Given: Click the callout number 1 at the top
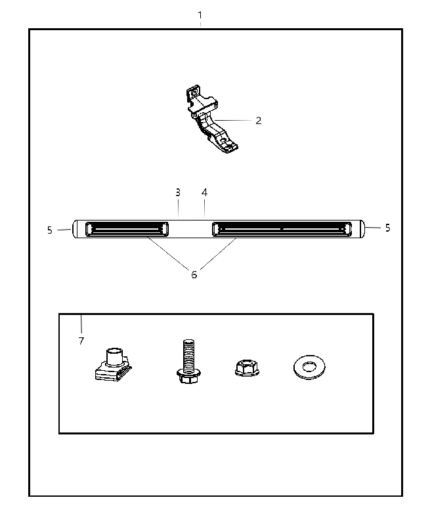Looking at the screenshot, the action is tap(200, 15).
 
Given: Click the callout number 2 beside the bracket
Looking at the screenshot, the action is tap(258, 121).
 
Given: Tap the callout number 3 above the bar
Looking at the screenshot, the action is tap(178, 192).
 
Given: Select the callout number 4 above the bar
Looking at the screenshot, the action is tap(204, 192).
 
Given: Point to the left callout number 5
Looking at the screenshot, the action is tap(49, 230).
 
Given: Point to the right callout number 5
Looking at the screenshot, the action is tap(387, 228).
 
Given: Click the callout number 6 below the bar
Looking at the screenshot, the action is tap(194, 275).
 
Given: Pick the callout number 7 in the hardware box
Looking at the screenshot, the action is tap(81, 341).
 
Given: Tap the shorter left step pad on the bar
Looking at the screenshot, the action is tap(127, 229).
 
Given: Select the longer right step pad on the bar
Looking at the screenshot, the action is tap(282, 229).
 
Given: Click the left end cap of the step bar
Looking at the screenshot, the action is tap(75, 229).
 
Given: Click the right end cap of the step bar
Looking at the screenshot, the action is tap(361, 229).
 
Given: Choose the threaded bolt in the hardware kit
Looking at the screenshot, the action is tap(188, 361).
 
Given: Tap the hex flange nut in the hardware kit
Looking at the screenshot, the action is tap(247, 367).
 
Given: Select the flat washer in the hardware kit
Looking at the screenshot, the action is tap(309, 367).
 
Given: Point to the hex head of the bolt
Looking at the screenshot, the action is tap(188, 376).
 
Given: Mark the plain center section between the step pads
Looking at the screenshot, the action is tap(190, 229).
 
